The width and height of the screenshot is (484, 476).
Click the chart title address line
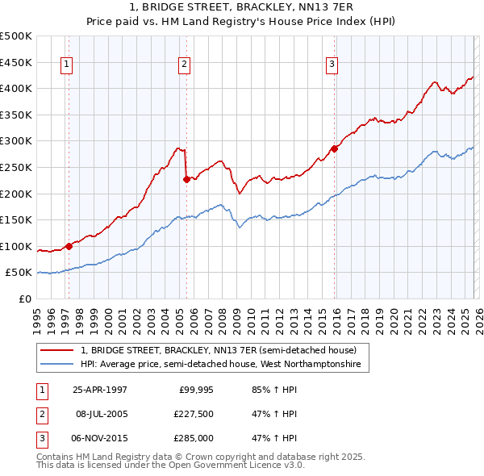[x=241, y=6]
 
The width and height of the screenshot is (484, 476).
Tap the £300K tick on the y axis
[x=17, y=141]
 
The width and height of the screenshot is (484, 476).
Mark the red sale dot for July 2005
[x=186, y=179]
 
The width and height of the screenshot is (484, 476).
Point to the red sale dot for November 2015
[x=334, y=149]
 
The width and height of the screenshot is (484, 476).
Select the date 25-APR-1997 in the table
[x=100, y=389]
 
